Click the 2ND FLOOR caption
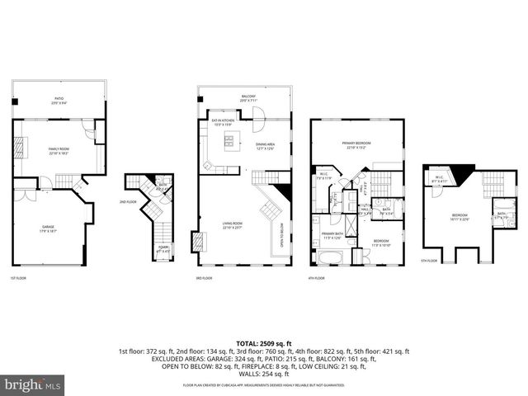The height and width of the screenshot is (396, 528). pyautogui.click(x=127, y=202)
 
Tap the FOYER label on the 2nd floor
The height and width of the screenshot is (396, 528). pyautogui.click(x=163, y=248)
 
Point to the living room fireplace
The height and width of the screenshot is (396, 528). pyautogui.click(x=197, y=242)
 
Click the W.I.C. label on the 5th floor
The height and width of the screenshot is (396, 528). pyautogui.click(x=436, y=181)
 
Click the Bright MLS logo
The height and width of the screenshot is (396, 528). pyautogui.click(x=33, y=385)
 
